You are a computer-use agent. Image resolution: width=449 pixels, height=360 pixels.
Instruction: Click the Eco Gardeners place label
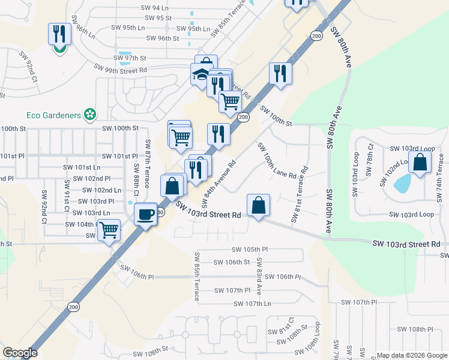[x=54, y=113]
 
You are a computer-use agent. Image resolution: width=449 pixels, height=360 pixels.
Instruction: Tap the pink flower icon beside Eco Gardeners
[x=91, y=113]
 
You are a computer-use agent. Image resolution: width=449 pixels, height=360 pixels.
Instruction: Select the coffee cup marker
[x=145, y=214]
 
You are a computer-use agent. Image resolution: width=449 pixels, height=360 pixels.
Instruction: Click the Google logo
[x=20, y=353]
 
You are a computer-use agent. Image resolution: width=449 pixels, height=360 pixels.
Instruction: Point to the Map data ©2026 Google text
[x=412, y=355]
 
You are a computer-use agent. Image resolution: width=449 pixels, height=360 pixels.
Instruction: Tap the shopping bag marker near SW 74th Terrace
[x=420, y=161]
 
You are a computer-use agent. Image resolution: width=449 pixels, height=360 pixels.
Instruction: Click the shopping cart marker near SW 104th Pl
[x=109, y=230]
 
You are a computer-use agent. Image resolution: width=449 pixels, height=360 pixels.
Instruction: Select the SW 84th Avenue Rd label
[x=218, y=181]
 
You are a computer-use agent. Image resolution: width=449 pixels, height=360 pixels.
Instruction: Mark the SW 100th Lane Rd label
[x=276, y=161]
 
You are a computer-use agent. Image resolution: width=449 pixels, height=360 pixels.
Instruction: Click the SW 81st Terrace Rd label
[x=298, y=196]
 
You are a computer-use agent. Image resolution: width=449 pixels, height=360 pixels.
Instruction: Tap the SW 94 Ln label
[x=154, y=8]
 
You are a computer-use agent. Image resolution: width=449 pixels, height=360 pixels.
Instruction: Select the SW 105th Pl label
[x=249, y=249]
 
